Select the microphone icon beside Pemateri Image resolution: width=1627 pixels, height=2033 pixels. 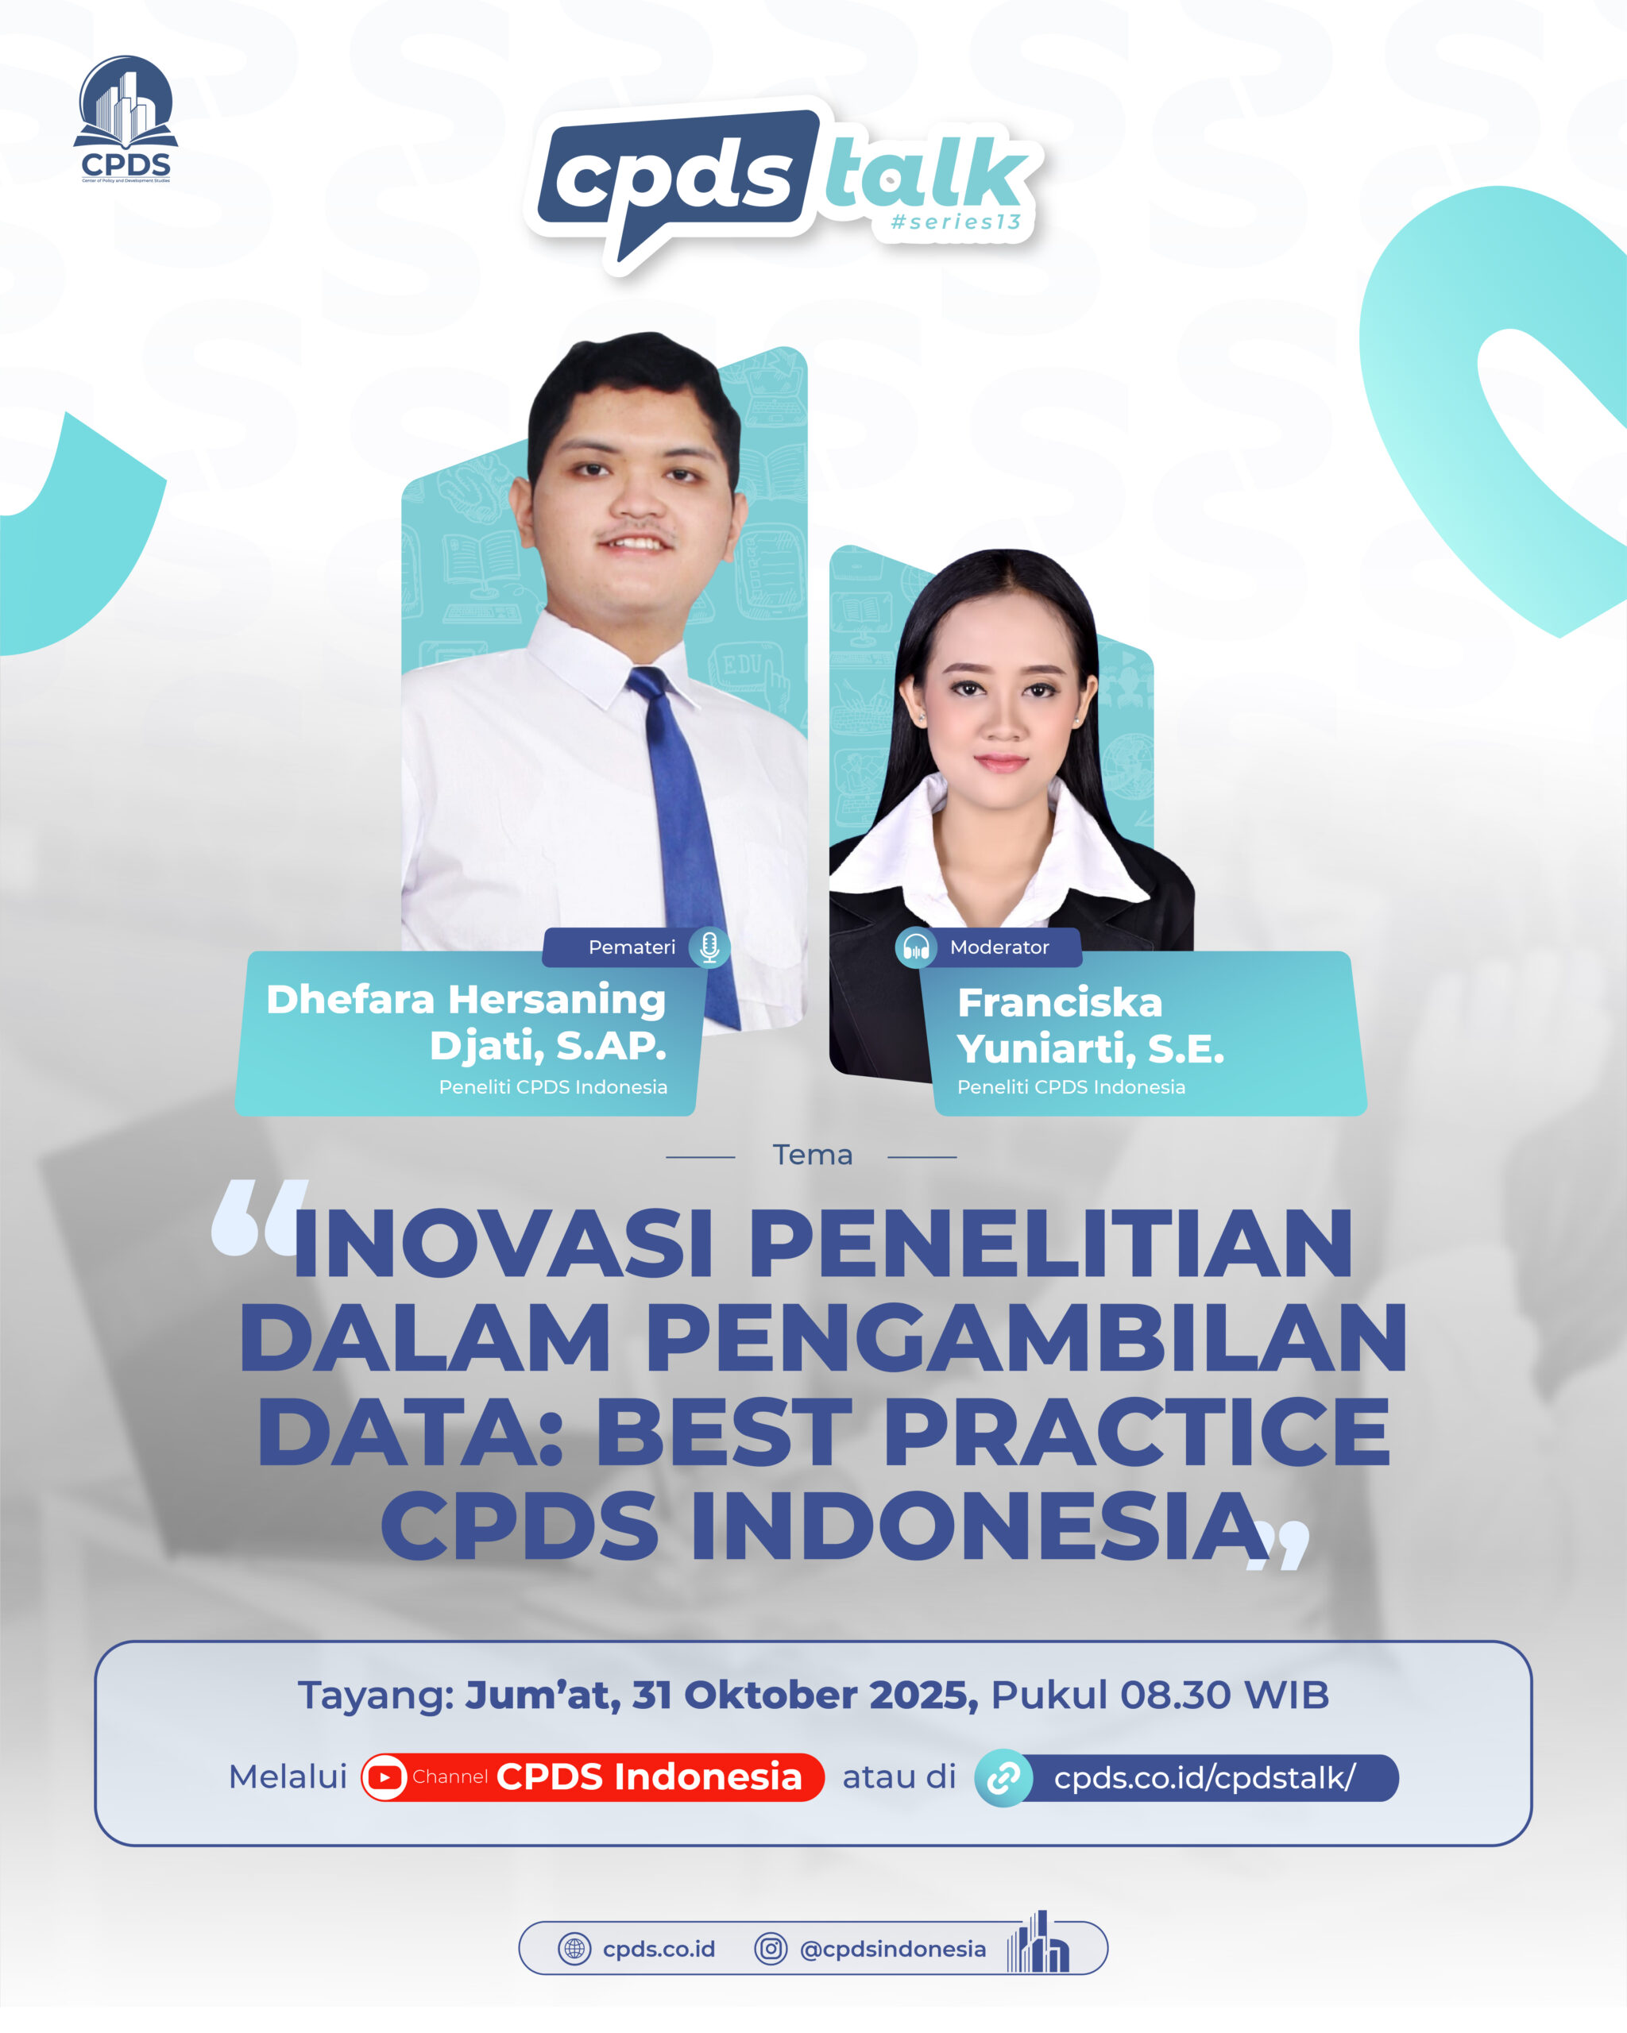tap(709, 947)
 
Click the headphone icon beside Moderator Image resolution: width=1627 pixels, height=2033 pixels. tap(915, 947)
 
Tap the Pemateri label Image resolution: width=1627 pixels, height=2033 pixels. tap(632, 947)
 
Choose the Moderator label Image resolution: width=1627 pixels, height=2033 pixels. tap(999, 947)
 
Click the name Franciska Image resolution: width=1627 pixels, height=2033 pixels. tap(1059, 1003)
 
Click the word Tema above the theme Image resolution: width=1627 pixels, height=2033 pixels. tap(812, 1155)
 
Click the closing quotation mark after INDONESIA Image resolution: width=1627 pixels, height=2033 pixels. tap(1279, 1545)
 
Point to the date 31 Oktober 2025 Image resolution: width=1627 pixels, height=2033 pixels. tap(806, 1695)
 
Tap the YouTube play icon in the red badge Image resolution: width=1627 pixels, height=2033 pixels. tap(385, 1777)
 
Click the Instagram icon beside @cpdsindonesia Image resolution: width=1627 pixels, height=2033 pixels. tap(771, 1948)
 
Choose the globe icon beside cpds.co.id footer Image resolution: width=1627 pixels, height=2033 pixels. tap(574, 1948)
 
